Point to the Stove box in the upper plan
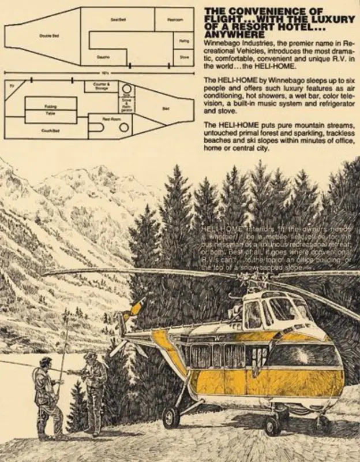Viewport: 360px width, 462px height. pos(184,57)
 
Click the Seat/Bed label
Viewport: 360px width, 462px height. pos(118,20)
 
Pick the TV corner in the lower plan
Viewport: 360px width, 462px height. pos(12,85)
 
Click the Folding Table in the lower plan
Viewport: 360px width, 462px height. pos(51,110)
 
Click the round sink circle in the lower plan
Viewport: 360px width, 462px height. pos(126,89)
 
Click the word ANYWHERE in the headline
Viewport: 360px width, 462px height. pos(231,35)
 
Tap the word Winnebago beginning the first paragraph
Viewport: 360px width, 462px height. pos(224,44)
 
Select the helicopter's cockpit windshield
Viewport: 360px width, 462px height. pos(282,312)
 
